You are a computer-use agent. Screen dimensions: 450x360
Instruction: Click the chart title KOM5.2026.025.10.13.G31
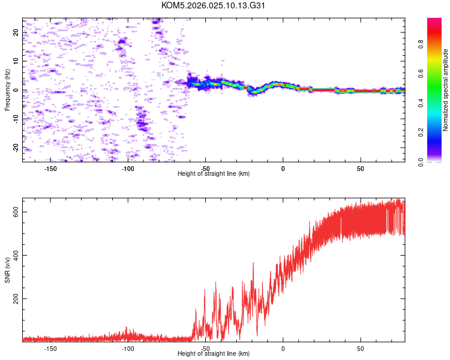(213, 5)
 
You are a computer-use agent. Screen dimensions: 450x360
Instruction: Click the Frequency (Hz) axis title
(7, 90)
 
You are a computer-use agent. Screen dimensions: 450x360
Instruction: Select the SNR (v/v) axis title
(7, 270)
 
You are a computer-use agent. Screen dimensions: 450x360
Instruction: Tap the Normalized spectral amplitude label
(445, 90)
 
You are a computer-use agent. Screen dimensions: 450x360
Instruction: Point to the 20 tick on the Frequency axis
(16, 32)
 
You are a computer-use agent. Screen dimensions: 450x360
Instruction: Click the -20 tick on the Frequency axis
(16, 147)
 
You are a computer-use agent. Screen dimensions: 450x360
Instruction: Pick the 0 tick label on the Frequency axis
(16, 90)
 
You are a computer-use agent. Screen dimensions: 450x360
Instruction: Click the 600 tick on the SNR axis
(16, 212)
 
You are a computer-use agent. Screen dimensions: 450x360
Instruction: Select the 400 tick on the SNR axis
(16, 255)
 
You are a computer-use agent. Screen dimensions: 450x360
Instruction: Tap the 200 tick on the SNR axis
(16, 299)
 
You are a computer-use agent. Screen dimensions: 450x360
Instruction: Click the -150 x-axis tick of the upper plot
(50, 169)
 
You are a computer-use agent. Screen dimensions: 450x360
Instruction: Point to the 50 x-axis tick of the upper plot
(361, 169)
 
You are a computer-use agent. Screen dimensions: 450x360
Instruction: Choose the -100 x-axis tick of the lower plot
(128, 349)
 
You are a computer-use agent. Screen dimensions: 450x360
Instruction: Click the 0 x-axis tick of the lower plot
(283, 349)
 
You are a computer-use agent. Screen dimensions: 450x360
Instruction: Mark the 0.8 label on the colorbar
(421, 44)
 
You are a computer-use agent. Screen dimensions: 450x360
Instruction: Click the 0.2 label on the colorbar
(421, 132)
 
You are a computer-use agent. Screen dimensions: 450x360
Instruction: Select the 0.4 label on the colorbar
(421, 103)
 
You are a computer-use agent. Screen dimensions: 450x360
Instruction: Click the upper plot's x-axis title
(214, 173)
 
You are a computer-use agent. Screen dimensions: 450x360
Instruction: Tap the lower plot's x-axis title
(214, 353)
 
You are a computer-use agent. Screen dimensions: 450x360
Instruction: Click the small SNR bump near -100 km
(127, 334)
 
